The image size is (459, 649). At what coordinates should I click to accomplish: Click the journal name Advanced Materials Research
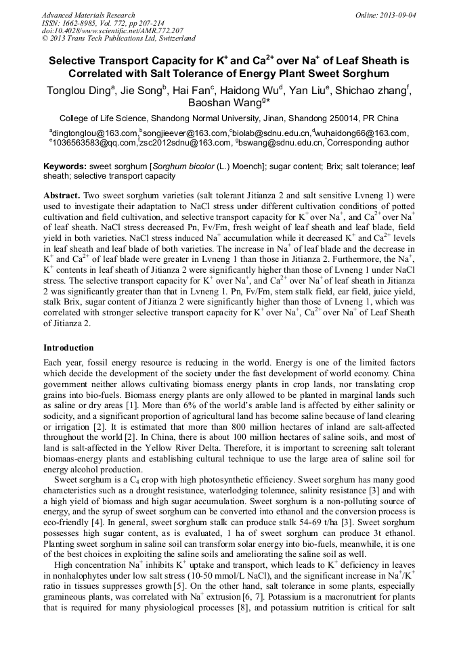coord(88,15)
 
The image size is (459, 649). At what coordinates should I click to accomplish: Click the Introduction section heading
coord(68,347)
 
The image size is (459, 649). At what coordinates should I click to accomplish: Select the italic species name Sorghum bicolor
coord(180,166)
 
